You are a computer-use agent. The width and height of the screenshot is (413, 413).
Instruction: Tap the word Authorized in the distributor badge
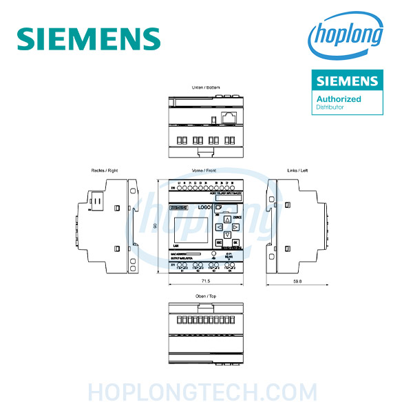tap(339, 99)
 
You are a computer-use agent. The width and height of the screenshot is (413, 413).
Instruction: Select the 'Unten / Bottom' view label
tap(206, 88)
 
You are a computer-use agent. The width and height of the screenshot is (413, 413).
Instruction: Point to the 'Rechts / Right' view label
tap(105, 170)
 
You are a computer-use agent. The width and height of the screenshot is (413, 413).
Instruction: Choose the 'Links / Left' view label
tap(298, 170)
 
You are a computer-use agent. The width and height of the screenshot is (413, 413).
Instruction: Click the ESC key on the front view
tap(219, 243)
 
